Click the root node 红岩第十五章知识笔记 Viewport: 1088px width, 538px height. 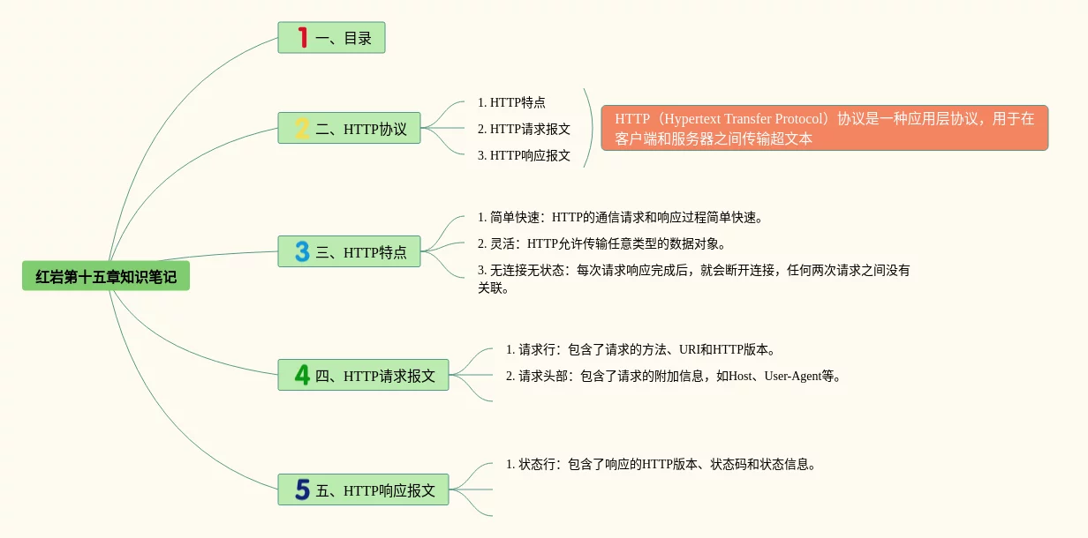[106, 277]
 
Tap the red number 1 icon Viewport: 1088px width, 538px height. [302, 38]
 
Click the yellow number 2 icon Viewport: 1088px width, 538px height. [302, 129]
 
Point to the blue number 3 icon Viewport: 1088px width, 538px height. [302, 252]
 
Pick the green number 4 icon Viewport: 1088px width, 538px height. [302, 376]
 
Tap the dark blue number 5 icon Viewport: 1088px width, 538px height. [302, 489]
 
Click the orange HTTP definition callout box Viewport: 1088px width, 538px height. [824, 128]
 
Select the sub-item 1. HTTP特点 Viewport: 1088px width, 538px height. [511, 102]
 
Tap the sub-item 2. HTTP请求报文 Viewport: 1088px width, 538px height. [524, 129]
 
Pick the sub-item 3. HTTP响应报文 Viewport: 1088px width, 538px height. [524, 155]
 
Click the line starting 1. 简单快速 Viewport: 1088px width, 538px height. [619, 217]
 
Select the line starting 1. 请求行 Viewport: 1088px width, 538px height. [640, 349]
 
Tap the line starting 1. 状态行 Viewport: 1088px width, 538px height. [660, 464]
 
